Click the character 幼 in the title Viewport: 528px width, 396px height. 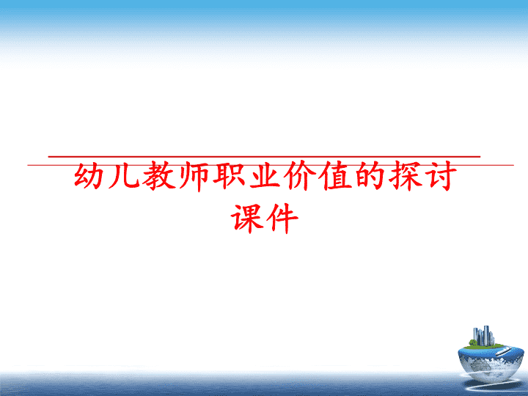click(x=89, y=176)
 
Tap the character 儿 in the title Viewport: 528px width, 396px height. click(x=124, y=176)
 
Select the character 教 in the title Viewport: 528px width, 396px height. click(x=159, y=176)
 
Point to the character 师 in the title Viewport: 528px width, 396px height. click(x=194, y=176)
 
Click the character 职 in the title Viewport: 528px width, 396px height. click(x=230, y=176)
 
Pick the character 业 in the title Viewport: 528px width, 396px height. click(x=264, y=176)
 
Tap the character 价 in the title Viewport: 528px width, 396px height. click(x=300, y=176)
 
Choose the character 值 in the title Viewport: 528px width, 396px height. click(x=334, y=176)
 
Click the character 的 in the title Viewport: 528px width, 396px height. click(x=370, y=176)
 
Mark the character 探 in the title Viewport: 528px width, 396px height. click(x=405, y=176)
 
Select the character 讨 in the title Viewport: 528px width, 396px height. click(x=440, y=176)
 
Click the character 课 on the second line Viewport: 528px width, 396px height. click(x=246, y=219)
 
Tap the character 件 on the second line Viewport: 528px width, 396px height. click(x=282, y=219)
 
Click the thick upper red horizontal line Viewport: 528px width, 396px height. click(x=264, y=157)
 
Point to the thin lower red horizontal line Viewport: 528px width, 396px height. click(x=271, y=165)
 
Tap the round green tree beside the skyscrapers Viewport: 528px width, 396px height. click(x=472, y=342)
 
